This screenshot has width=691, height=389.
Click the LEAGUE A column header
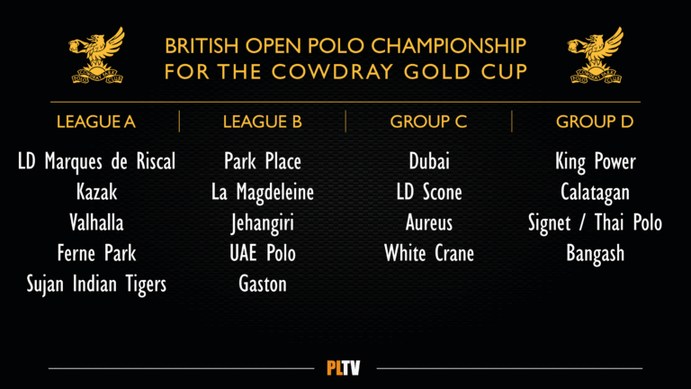point(96,122)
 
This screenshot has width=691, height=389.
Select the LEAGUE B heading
point(262,122)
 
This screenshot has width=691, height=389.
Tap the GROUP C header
point(428,122)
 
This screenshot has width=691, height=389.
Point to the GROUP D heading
point(595,122)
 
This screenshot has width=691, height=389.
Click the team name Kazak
point(96,193)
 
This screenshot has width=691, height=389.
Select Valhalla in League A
point(96,222)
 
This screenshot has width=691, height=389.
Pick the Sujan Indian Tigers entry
point(96,285)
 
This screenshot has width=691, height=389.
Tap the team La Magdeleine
point(263,193)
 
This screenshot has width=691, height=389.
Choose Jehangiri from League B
point(263,223)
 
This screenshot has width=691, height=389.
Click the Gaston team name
point(263,284)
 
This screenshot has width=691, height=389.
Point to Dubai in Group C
point(429,161)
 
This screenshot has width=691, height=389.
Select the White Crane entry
point(429,254)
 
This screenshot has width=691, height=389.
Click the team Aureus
point(429,222)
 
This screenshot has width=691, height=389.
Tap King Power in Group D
point(596,162)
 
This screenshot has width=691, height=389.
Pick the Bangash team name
point(596,254)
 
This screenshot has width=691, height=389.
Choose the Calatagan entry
point(596,193)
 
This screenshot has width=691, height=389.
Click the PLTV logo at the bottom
point(344,367)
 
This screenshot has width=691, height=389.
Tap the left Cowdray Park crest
point(97,55)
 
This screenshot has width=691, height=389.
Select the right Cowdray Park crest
point(596,55)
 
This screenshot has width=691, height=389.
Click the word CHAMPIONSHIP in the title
point(449,46)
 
